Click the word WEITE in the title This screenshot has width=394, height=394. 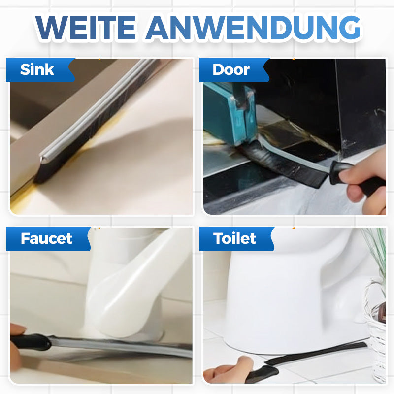(85, 28)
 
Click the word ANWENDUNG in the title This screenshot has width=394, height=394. (253, 28)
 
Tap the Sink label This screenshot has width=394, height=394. (37, 69)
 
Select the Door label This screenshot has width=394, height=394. (231, 69)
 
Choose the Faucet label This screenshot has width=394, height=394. (46, 238)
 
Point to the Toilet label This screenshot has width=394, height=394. (234, 238)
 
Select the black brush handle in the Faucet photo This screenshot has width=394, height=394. (30, 342)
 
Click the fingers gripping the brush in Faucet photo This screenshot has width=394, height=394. (16, 349)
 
